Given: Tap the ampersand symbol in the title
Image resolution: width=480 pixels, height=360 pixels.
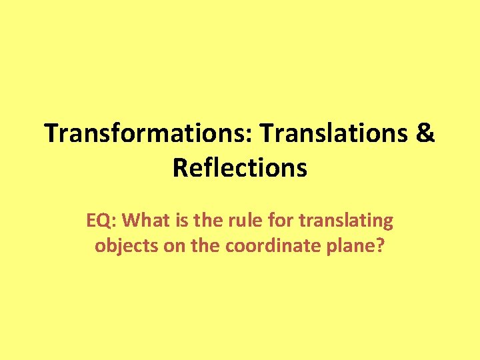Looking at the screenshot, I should pyautogui.click(x=425, y=133).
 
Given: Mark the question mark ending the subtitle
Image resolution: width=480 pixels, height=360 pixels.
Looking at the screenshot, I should pyautogui.click(x=380, y=245).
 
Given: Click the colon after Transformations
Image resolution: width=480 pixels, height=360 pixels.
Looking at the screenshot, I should pyautogui.click(x=254, y=135).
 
